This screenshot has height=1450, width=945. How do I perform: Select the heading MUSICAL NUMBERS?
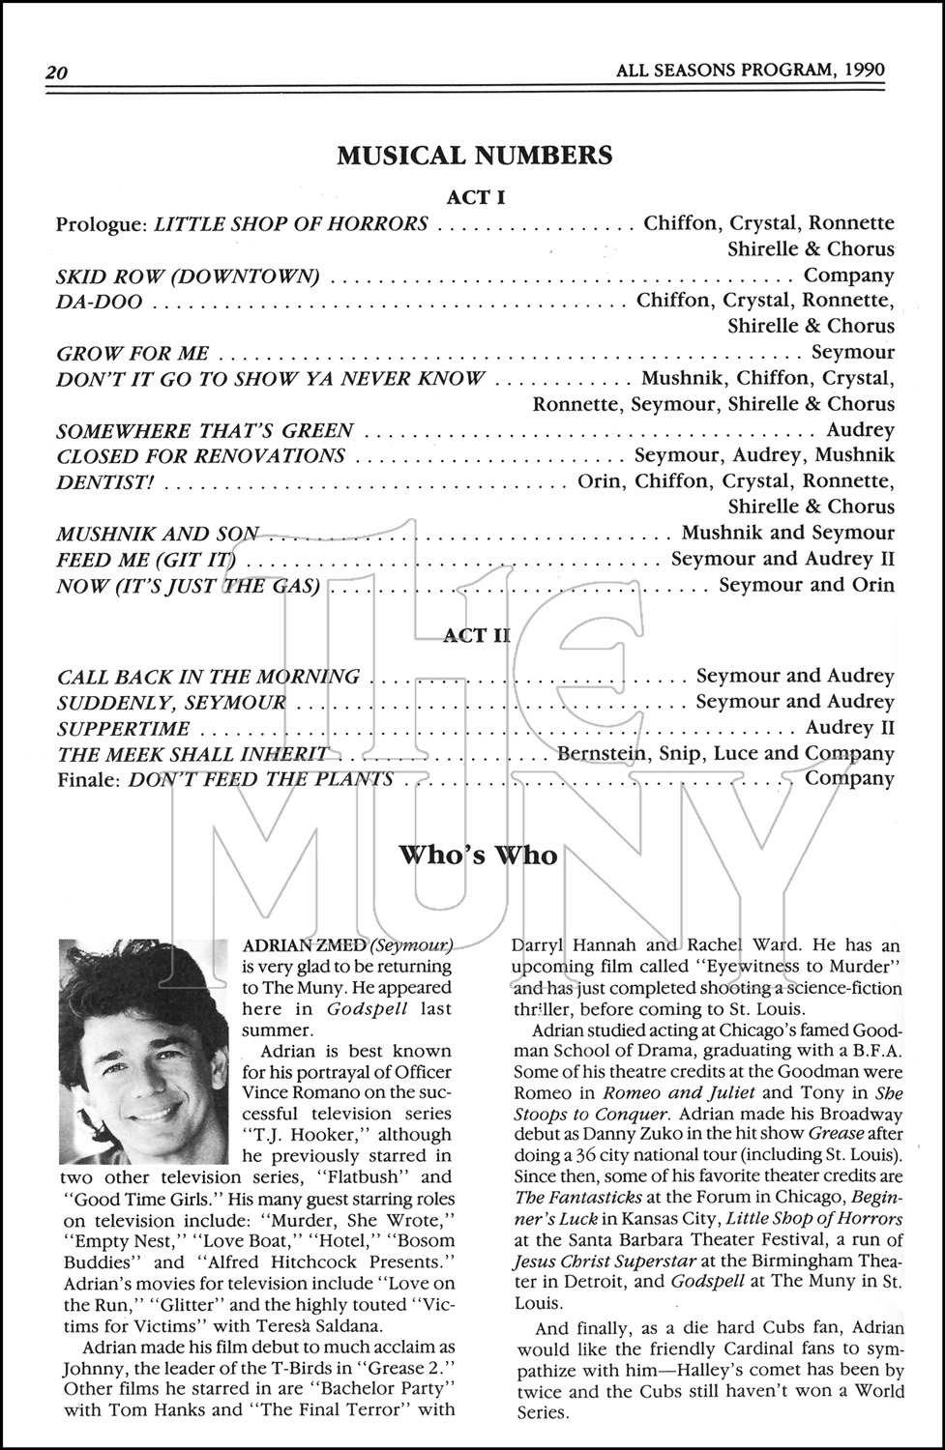click(474, 156)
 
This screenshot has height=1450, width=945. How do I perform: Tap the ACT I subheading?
click(475, 197)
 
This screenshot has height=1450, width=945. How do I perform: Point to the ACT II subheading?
click(476, 635)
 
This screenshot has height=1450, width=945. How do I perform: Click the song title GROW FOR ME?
click(133, 353)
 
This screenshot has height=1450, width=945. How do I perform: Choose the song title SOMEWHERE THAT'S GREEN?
click(205, 430)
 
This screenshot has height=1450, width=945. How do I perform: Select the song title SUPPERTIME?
click(123, 728)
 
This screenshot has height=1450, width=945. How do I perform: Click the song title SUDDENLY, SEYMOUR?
click(171, 702)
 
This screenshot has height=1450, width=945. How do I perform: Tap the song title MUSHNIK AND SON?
click(158, 534)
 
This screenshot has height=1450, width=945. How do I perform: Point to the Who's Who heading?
click(478, 855)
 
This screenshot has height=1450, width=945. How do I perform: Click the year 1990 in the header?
click(864, 71)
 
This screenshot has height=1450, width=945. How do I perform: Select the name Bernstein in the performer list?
click(603, 753)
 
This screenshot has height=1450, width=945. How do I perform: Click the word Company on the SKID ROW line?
click(849, 275)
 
